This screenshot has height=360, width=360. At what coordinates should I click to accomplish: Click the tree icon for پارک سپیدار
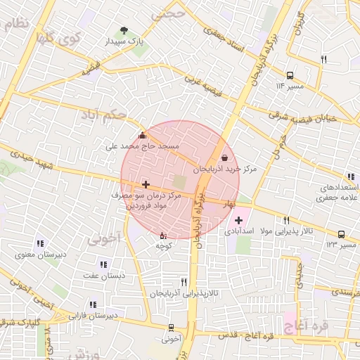pyautogui.click(x=124, y=31)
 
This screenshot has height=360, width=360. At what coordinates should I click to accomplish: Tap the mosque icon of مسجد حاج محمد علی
pyautogui.click(x=143, y=136)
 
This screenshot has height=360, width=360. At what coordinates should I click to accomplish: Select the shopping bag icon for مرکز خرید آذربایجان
pyautogui.click(x=224, y=158)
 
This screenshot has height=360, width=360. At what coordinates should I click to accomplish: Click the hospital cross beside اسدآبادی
pyautogui.click(x=238, y=221)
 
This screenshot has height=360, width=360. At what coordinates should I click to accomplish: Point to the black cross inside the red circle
pyautogui.click(x=146, y=184)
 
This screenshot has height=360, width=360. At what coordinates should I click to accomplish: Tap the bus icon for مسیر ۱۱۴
pyautogui.click(x=290, y=75)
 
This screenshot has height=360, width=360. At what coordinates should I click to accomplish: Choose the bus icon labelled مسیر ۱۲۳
pyautogui.click(x=341, y=234)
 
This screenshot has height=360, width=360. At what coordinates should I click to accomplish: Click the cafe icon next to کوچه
pyautogui.click(x=163, y=236)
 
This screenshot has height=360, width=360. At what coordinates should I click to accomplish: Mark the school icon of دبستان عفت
pyautogui.click(x=103, y=265)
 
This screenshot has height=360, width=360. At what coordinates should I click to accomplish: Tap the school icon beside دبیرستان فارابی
pyautogui.click(x=92, y=305)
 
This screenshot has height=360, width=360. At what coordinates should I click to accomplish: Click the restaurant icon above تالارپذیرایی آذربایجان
pyautogui.click(x=184, y=281)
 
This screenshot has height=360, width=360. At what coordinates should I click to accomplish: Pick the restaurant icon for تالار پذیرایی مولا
pyautogui.click(x=286, y=221)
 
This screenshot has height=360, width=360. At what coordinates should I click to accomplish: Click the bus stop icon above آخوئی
pyautogui.click(x=171, y=328)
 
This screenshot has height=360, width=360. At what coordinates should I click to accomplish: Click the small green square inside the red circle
pyautogui.click(x=180, y=182)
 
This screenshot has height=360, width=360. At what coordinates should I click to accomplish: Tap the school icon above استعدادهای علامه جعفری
pyautogui.click(x=350, y=178)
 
